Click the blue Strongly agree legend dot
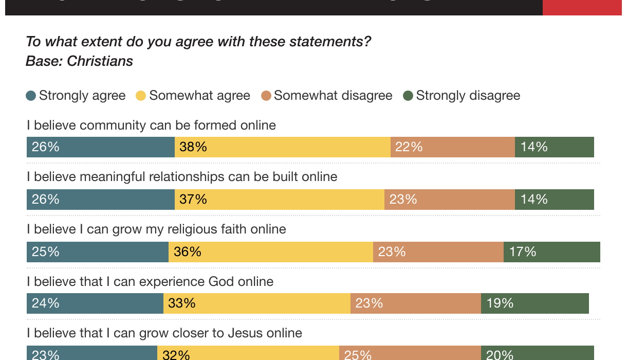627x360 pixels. (31, 96)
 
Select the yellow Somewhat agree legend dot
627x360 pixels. (141, 96)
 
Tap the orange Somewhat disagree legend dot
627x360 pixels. (266, 96)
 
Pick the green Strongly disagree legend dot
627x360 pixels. (408, 96)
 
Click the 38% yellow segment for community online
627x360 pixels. (283, 147)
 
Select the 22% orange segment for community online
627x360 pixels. (453, 147)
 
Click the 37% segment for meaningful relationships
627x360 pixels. (280, 200)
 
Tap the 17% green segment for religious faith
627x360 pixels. (551, 251)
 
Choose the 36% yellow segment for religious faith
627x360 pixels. (271, 251)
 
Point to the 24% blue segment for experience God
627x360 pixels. (95, 303)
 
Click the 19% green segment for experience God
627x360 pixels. (534, 303)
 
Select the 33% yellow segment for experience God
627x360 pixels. (257, 303)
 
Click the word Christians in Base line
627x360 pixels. (100, 61)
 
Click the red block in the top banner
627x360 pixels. (582, 7)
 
